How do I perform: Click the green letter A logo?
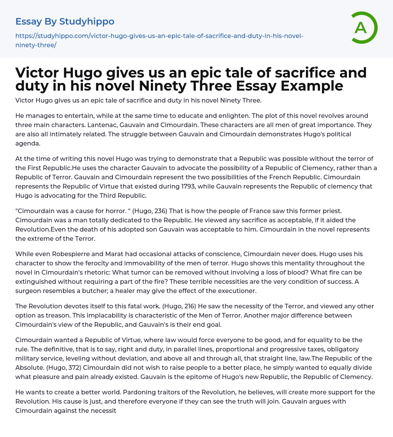pyautogui.click(x=362, y=28)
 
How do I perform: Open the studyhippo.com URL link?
pyautogui.click(x=159, y=40)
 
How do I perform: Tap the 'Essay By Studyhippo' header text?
pyautogui.click(x=65, y=22)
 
